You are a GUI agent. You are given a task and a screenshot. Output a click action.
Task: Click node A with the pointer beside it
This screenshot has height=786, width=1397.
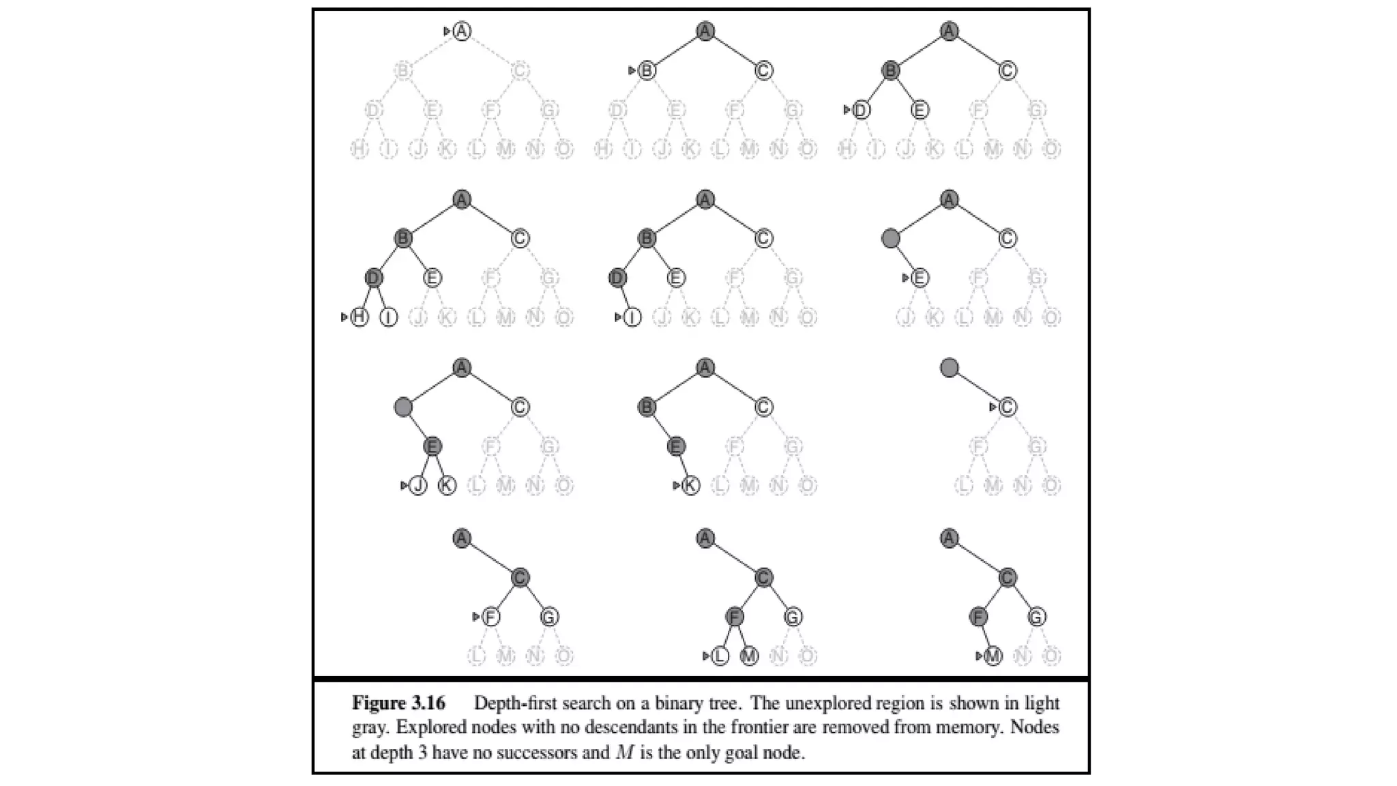(x=462, y=31)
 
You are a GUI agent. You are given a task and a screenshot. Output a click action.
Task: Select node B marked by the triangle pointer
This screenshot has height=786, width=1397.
(x=647, y=70)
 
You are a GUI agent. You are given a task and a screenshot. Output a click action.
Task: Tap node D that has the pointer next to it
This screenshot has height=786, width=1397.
(x=862, y=110)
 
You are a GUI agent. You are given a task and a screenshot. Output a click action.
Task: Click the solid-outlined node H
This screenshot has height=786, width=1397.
(x=359, y=317)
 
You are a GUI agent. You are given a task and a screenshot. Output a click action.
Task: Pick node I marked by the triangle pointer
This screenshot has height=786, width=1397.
(x=632, y=317)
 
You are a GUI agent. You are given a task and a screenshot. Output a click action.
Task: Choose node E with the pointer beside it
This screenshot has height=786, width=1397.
(x=920, y=278)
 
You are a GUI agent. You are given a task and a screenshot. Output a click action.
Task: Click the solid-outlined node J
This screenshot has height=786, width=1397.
(x=418, y=485)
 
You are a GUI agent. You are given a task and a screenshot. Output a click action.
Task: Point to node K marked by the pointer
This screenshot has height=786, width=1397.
(x=691, y=485)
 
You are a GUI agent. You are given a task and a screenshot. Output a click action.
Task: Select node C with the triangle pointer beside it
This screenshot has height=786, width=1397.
(x=1008, y=407)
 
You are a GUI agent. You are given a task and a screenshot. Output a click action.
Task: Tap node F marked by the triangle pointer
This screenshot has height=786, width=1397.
(x=490, y=617)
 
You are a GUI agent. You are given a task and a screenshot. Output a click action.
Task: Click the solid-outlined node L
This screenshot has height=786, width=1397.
(x=720, y=656)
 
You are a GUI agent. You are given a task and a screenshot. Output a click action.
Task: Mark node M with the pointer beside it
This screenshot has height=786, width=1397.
(x=993, y=656)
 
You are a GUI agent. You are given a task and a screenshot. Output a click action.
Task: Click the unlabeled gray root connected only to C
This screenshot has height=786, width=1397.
(x=949, y=368)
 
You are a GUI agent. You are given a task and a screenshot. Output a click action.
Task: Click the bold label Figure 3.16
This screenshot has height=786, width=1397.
(x=398, y=703)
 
